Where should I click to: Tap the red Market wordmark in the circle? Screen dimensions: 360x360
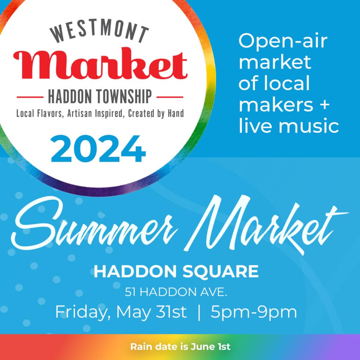(100, 66)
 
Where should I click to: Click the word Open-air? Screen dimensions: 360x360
(283, 42)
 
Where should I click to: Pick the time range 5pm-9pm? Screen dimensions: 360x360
(253, 312)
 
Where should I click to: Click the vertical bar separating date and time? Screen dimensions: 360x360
(199, 312)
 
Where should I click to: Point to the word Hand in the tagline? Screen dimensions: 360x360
(175, 114)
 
